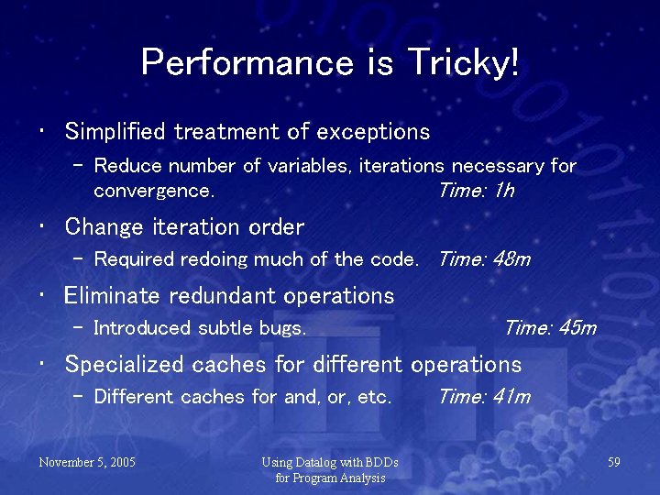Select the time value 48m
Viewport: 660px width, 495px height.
coord(511,259)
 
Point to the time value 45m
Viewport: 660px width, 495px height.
coord(577,328)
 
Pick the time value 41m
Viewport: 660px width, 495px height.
coord(511,397)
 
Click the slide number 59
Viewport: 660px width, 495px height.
coord(614,463)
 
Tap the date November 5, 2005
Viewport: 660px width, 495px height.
coord(87,463)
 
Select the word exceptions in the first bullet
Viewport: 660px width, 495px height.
coord(373,132)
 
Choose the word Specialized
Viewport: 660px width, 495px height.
coord(125,365)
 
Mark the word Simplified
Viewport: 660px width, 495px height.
coord(115,132)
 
